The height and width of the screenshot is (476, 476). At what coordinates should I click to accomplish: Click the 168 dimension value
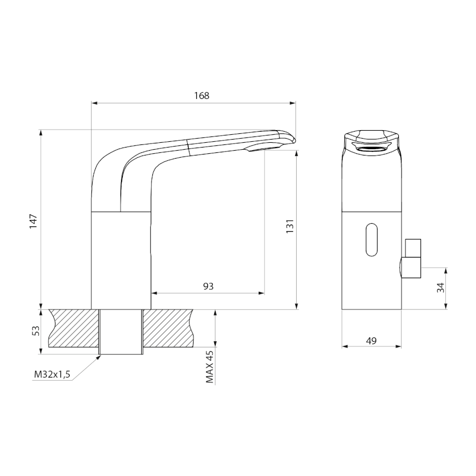(202, 96)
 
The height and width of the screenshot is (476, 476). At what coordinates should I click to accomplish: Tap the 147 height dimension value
(33, 221)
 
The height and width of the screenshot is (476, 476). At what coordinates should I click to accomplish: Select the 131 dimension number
(290, 226)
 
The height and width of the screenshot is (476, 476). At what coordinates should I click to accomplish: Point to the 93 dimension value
(208, 286)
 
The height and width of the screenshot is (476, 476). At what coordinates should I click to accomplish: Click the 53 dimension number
(36, 331)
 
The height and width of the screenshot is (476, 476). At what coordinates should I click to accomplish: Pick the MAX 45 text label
(210, 367)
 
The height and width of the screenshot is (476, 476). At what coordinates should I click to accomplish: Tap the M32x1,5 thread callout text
(52, 374)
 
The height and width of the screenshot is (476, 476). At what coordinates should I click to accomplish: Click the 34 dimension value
(441, 288)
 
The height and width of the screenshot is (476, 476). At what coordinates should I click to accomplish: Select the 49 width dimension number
(371, 341)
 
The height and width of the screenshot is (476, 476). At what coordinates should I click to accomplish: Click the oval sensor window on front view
(372, 240)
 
